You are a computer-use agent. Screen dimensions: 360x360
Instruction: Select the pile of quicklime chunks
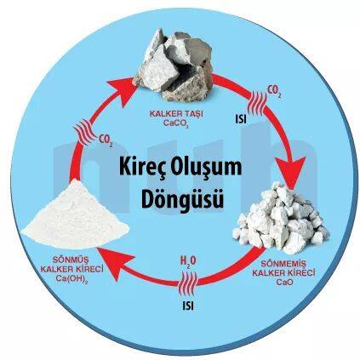click(x=281, y=218)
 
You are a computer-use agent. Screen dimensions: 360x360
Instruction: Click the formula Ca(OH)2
click(x=71, y=279)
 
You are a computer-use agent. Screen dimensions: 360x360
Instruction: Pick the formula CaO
click(x=284, y=283)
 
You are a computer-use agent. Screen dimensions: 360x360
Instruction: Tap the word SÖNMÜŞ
click(x=71, y=260)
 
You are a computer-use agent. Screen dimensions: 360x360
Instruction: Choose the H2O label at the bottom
click(x=188, y=262)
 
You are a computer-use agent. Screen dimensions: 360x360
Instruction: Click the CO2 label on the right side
click(x=274, y=91)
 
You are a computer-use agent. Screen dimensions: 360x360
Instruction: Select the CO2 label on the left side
click(x=106, y=140)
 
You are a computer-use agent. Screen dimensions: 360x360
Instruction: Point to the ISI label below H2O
click(x=188, y=306)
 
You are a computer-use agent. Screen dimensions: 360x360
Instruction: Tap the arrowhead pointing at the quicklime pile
click(x=290, y=172)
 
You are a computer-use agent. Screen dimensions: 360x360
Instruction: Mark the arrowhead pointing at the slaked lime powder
click(x=114, y=262)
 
